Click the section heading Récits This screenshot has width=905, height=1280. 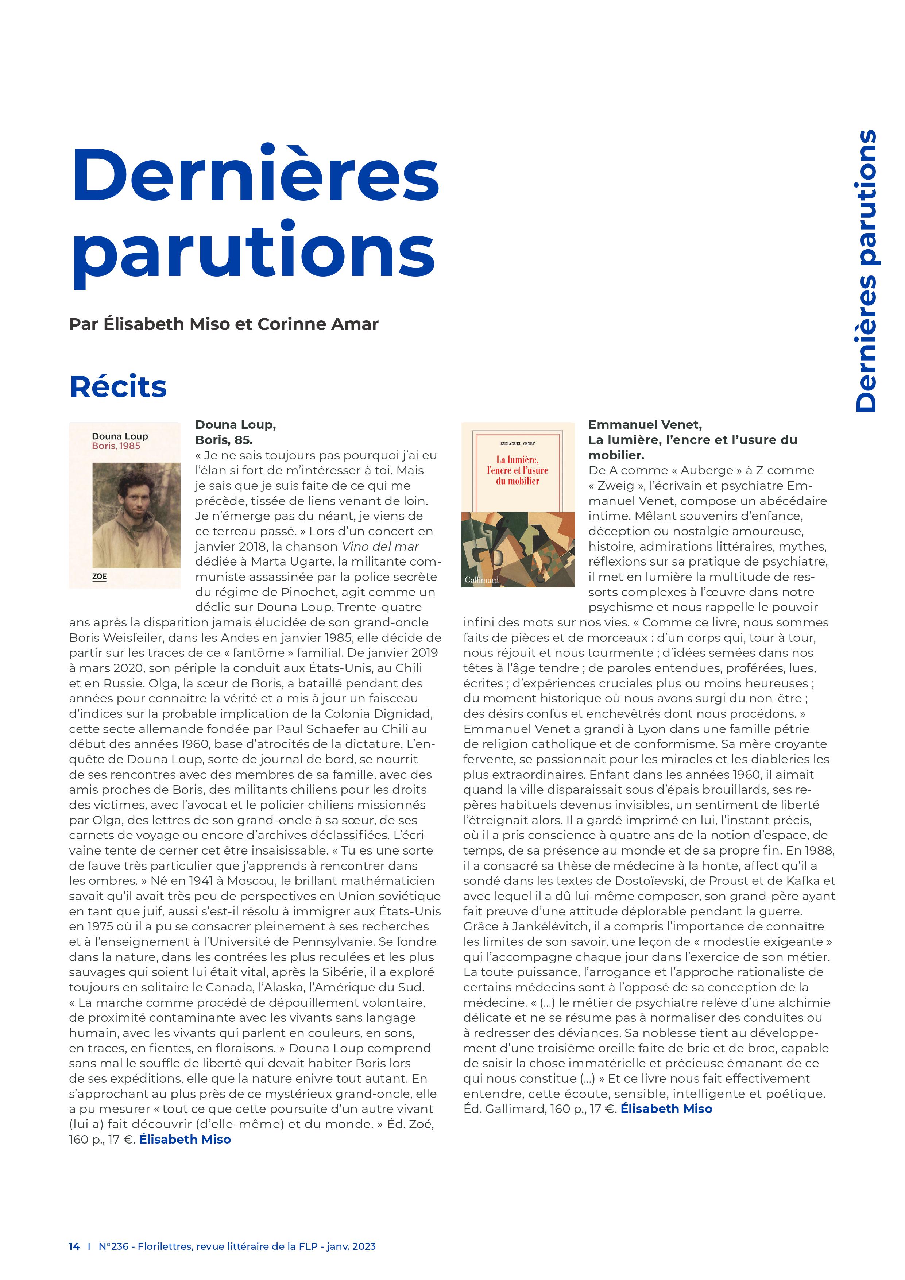click(x=118, y=387)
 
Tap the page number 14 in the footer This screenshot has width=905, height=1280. click(x=74, y=1246)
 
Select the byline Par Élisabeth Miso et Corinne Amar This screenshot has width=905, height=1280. click(x=224, y=324)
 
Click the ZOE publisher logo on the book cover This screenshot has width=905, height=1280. click(x=99, y=577)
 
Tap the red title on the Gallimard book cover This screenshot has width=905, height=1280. click(x=518, y=470)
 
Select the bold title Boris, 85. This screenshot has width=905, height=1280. click(x=224, y=440)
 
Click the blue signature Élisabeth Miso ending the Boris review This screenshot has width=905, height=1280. click(x=185, y=1140)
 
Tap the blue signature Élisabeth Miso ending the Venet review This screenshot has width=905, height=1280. click(x=666, y=1109)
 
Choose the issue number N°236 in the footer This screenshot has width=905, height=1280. click(x=113, y=1246)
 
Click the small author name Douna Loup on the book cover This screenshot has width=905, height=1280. click(x=120, y=436)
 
